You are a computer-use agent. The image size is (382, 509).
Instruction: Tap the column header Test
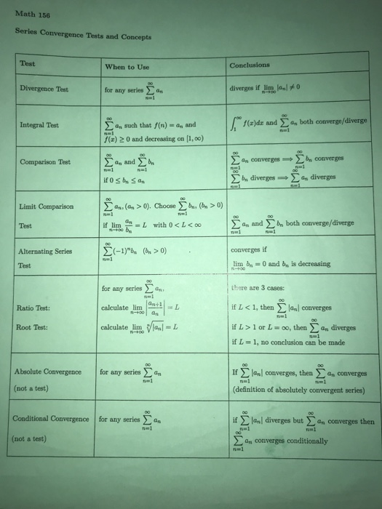click(28, 64)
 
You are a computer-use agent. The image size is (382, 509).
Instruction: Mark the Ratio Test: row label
click(33, 308)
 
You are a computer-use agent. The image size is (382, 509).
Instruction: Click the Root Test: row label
click(32, 326)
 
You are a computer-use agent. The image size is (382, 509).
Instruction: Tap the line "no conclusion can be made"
click(293, 341)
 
